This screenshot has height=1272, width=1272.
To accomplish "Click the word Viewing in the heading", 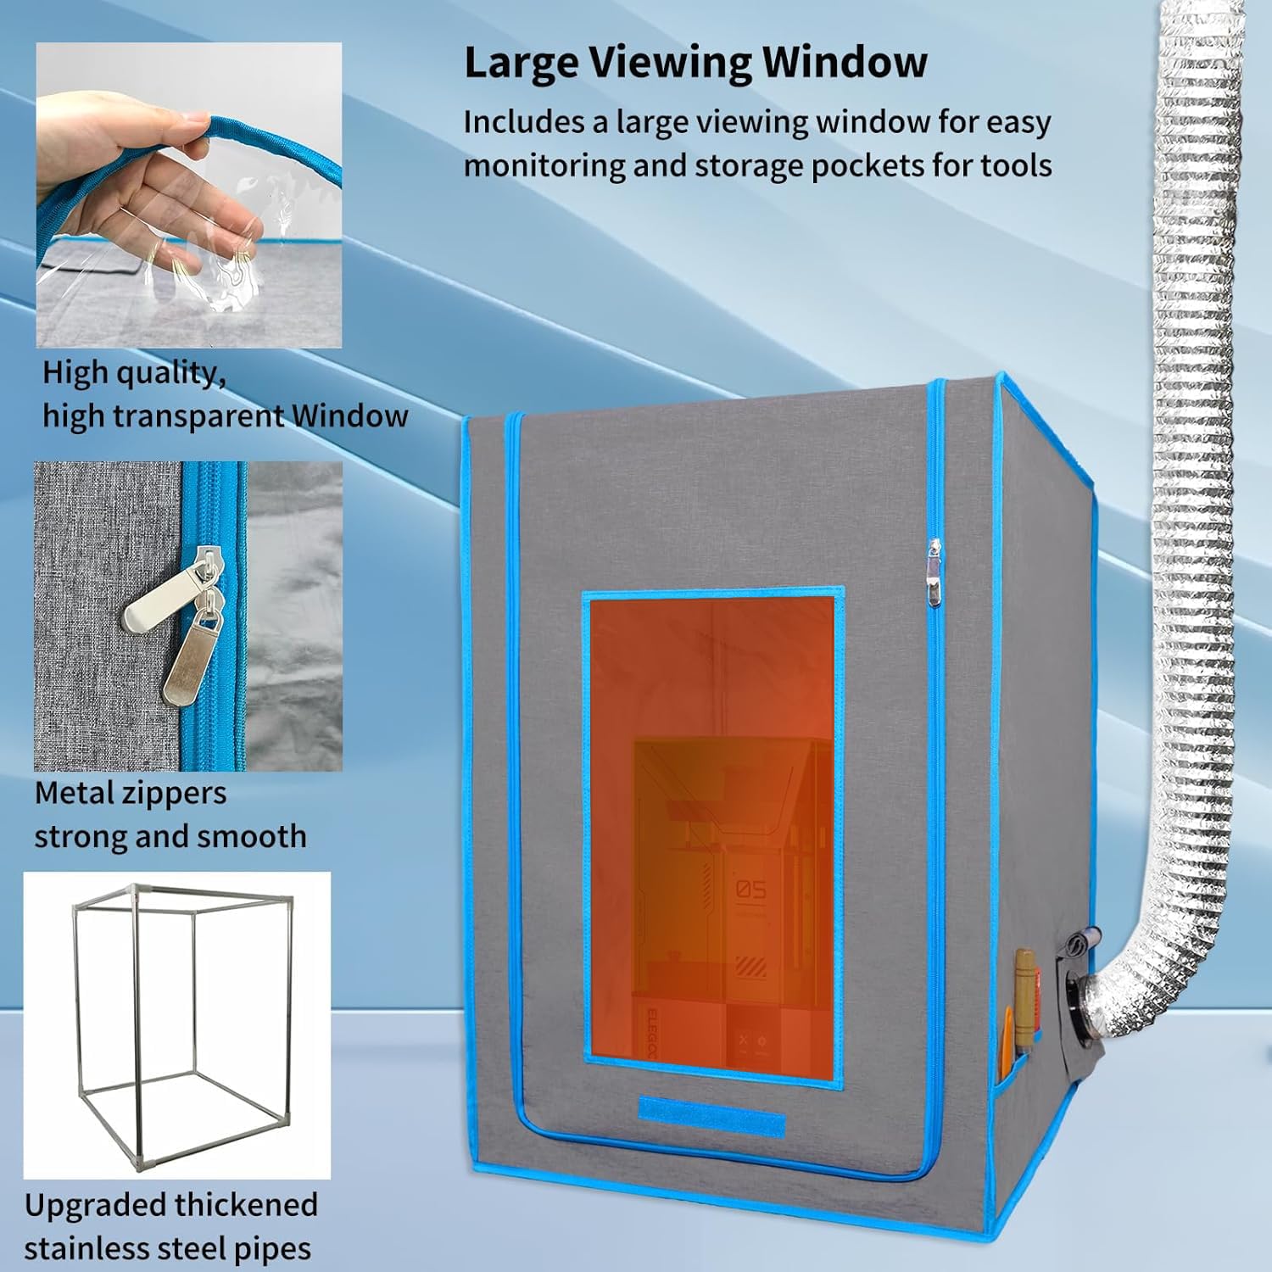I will [669, 63].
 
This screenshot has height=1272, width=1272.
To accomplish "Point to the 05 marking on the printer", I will [750, 889].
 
